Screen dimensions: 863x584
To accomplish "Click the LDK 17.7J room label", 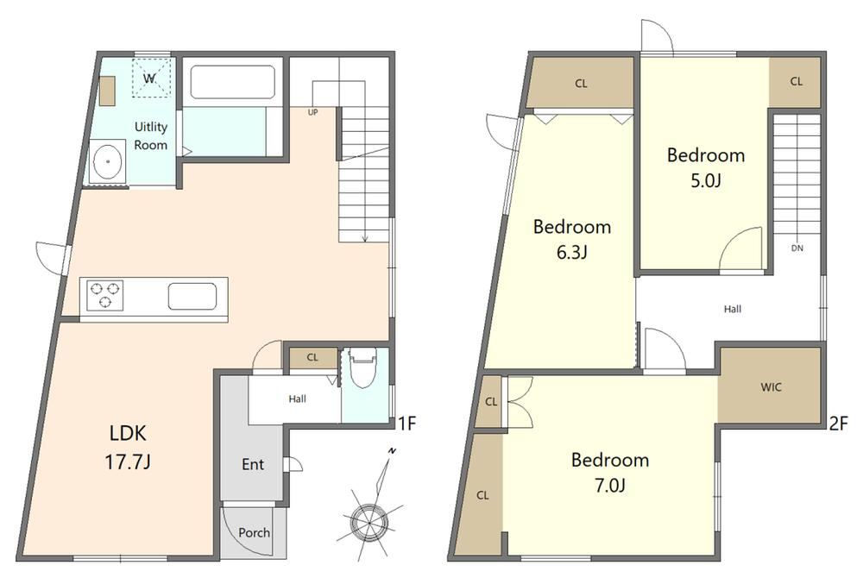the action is point(128,447).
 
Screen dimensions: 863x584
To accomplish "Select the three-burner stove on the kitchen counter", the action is point(104,295).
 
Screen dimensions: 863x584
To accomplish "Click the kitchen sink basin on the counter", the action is point(192,297).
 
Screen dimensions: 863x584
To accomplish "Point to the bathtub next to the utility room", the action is point(232,83).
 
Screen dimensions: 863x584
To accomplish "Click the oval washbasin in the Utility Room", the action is point(108,161).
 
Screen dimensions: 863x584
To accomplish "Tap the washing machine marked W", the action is point(151,78).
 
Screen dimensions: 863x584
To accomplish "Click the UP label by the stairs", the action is point(312,112).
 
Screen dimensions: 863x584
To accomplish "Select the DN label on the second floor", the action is point(797,248).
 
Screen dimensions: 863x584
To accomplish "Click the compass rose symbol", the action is point(368,518).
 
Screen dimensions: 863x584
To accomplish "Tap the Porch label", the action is point(255,532).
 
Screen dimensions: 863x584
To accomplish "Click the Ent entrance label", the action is point(253,464).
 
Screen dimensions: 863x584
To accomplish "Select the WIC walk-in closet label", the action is point(771,387).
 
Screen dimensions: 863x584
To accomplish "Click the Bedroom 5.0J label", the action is point(706,167).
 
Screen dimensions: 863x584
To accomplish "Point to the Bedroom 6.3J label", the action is point(572,239).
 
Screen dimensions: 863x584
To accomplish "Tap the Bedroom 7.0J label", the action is point(610,473).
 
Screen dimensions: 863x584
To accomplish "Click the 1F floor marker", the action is point(406,423).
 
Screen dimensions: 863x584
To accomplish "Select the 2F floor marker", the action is point(839,423).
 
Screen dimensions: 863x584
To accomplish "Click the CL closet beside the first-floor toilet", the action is point(312,358).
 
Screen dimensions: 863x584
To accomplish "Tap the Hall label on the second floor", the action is point(732,309).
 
